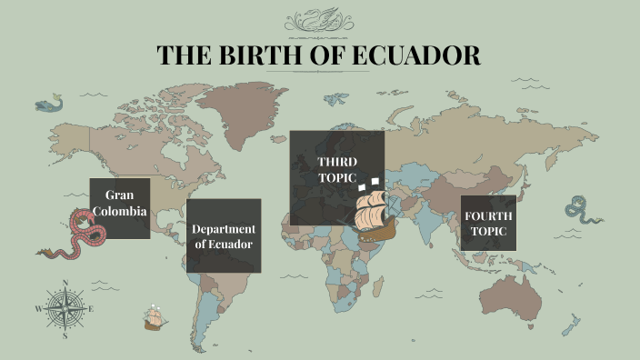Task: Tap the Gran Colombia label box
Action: [120, 208]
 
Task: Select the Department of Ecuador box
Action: [224, 235]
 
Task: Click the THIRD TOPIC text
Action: [337, 169]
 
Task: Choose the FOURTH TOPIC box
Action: [488, 223]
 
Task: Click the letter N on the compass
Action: [65, 283]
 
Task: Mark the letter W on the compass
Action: [38, 309]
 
